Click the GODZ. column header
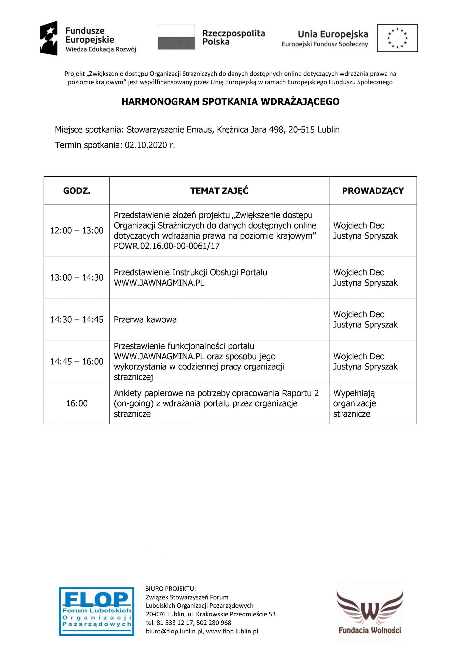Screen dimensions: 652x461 point(77,191)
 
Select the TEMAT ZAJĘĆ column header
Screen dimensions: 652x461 point(219,191)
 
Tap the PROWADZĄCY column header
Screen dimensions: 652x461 point(373,191)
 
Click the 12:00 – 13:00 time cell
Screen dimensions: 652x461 point(77,230)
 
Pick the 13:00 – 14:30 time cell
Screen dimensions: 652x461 point(77,277)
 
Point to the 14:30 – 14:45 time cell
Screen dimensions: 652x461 point(77,319)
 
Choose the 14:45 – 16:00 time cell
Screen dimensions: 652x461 point(77,361)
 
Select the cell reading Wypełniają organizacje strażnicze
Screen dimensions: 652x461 point(355,403)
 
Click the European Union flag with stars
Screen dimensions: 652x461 point(397,38)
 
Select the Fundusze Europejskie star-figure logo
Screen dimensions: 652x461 point(49,38)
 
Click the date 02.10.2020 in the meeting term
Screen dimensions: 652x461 point(146,145)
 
